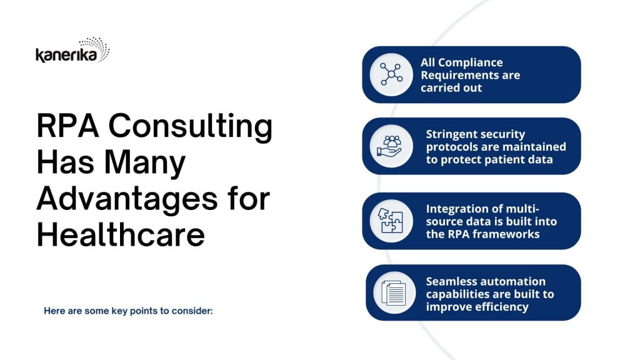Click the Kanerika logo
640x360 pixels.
tap(72, 50)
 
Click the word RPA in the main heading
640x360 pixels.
tap(67, 126)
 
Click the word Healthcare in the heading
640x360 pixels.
tap(121, 236)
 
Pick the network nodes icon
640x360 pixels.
tap(391, 74)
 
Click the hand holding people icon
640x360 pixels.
tap(390, 146)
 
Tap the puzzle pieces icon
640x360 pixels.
tap(391, 221)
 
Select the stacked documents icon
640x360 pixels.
tap(394, 292)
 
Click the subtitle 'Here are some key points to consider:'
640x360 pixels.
tap(128, 311)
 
